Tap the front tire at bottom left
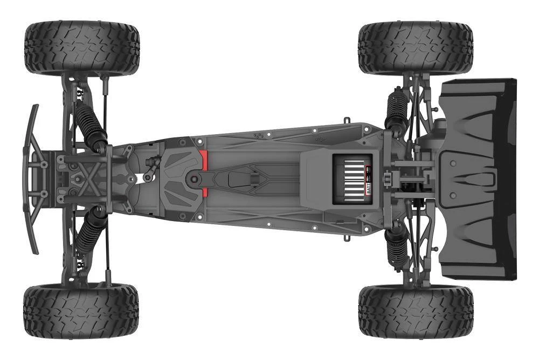pos(81,311)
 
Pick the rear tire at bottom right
pos(416,311)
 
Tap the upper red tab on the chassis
pos(204,159)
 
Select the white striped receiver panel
pos(351,179)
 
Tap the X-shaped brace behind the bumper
pos(86,178)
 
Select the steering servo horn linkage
pos(150,168)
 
